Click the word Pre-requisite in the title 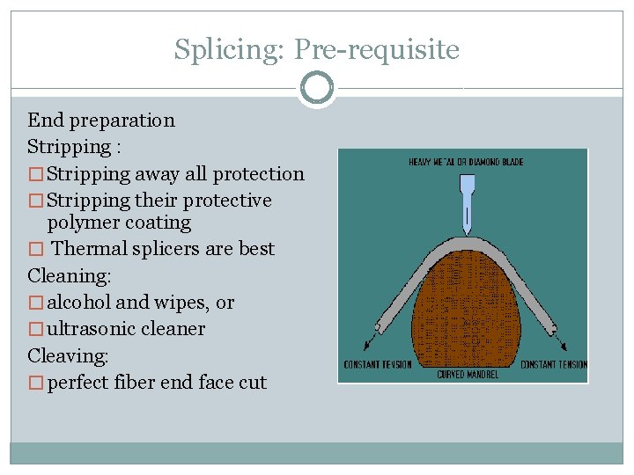pos(377,50)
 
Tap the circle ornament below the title pos(317,89)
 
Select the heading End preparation pos(101,121)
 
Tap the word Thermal pos(89,249)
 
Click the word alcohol pos(79,303)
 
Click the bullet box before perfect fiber pos(35,383)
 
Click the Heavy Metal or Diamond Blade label pos(466,162)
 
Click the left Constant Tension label pos(377,364)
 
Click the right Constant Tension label pos(554,364)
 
